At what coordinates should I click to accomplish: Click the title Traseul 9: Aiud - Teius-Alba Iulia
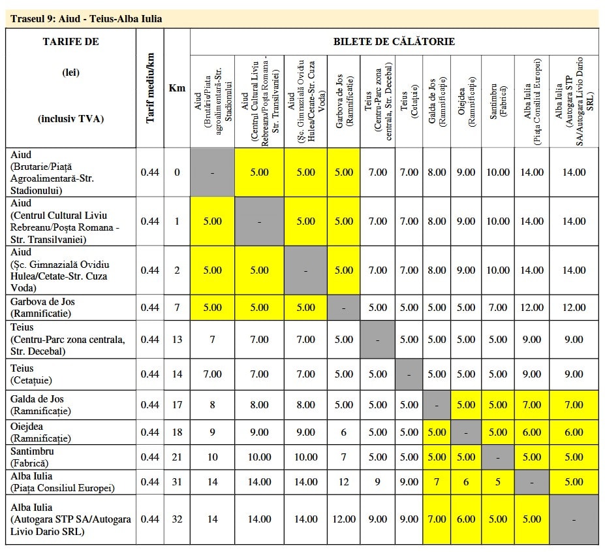click(86, 19)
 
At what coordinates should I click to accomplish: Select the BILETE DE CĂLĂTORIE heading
click(394, 42)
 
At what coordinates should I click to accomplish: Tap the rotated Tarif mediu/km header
click(150, 88)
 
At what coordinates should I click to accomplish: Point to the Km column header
click(177, 88)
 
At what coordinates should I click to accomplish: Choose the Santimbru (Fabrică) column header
click(498, 101)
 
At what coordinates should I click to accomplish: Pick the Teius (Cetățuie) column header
click(409, 101)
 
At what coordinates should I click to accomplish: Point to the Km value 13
click(177, 339)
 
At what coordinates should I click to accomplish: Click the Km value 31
click(177, 481)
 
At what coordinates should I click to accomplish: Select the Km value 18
click(177, 432)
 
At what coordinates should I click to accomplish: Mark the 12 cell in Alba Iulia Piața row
click(343, 481)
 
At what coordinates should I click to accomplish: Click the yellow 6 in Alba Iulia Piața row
click(466, 481)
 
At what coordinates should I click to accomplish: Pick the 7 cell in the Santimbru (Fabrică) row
click(343, 457)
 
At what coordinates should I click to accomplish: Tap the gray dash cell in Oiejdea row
click(466, 432)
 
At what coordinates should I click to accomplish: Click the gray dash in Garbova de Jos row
click(343, 308)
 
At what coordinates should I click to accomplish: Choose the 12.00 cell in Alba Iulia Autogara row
click(343, 519)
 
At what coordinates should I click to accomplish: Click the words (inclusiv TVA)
click(71, 118)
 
